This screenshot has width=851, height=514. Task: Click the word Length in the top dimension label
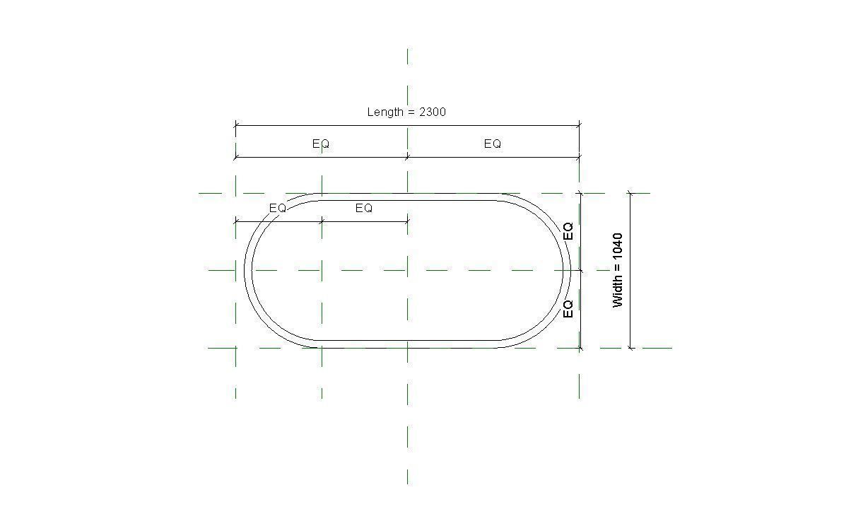tap(385, 112)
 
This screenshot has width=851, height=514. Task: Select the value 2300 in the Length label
tap(433, 112)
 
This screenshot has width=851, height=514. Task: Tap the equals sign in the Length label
tap(411, 112)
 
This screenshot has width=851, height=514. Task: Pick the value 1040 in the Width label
tap(618, 246)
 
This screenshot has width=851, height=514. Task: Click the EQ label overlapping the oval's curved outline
tap(277, 208)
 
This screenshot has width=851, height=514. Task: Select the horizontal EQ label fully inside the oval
tap(363, 208)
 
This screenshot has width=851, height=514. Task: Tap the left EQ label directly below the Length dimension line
tap(321, 144)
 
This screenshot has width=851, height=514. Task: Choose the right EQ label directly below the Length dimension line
tap(493, 144)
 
